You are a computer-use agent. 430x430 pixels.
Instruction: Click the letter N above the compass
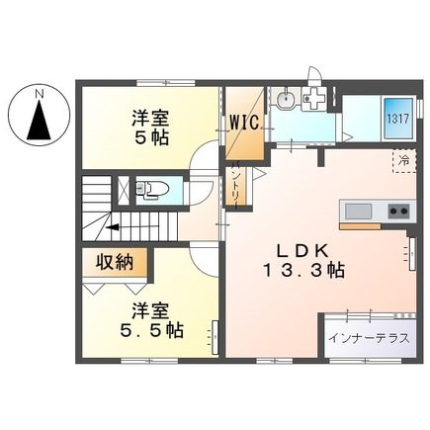(x=40, y=94)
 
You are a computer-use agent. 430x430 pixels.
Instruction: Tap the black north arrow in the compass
(x=40, y=120)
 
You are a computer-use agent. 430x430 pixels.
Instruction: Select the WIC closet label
(x=244, y=123)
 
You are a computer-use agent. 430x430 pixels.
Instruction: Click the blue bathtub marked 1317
(x=397, y=119)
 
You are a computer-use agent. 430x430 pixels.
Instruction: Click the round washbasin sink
(x=286, y=98)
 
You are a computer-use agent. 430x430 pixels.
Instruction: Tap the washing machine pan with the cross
(x=313, y=98)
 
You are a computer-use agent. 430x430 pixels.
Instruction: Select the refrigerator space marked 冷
(x=404, y=161)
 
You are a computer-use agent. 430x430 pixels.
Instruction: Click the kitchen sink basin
(x=358, y=211)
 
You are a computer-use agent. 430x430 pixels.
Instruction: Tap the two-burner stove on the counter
(x=399, y=211)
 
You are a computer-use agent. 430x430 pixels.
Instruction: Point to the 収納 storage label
(x=115, y=263)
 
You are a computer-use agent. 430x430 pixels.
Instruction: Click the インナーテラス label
(x=370, y=338)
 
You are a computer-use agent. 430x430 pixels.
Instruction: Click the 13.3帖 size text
(x=303, y=271)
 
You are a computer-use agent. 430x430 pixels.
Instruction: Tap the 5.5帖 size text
(x=151, y=330)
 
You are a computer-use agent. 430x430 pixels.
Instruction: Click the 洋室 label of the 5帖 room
(x=150, y=119)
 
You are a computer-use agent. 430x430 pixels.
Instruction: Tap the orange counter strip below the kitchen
(x=360, y=226)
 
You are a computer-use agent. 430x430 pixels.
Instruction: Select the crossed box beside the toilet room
(x=125, y=190)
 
